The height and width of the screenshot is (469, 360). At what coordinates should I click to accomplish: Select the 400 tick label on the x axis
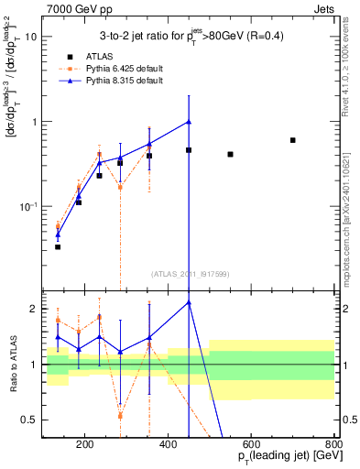(x=168, y=446)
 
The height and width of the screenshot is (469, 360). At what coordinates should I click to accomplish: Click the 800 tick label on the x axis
(x=333, y=446)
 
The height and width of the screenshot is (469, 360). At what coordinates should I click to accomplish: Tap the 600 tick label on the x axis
(x=251, y=446)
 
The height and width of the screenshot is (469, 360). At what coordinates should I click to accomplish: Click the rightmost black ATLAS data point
(x=292, y=140)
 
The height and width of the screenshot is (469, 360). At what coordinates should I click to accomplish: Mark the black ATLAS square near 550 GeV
(x=230, y=154)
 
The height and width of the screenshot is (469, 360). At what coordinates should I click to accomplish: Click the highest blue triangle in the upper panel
(x=189, y=121)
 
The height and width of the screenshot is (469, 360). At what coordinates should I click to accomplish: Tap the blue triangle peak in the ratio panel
(x=189, y=302)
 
